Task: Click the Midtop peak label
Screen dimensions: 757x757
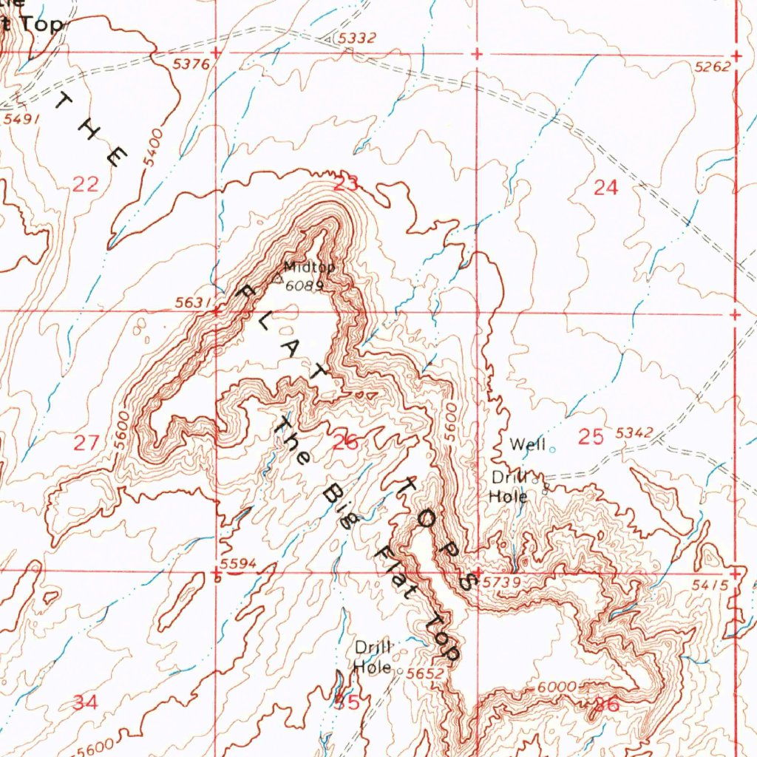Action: coord(309,267)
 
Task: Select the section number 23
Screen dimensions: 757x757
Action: coord(346,184)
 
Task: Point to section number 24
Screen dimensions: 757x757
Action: coord(605,189)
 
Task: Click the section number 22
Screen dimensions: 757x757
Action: coord(86,185)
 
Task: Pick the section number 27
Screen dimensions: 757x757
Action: coord(86,443)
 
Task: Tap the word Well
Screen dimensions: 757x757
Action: coord(528,444)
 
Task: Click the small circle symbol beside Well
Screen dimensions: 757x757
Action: coord(551,448)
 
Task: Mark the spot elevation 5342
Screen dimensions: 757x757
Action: coord(634,432)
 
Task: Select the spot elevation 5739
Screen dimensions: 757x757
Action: coord(501,583)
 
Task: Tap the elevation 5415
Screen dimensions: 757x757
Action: coord(712,585)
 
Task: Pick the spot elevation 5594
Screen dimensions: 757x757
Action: coord(238,565)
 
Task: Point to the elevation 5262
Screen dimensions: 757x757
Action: coord(713,67)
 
